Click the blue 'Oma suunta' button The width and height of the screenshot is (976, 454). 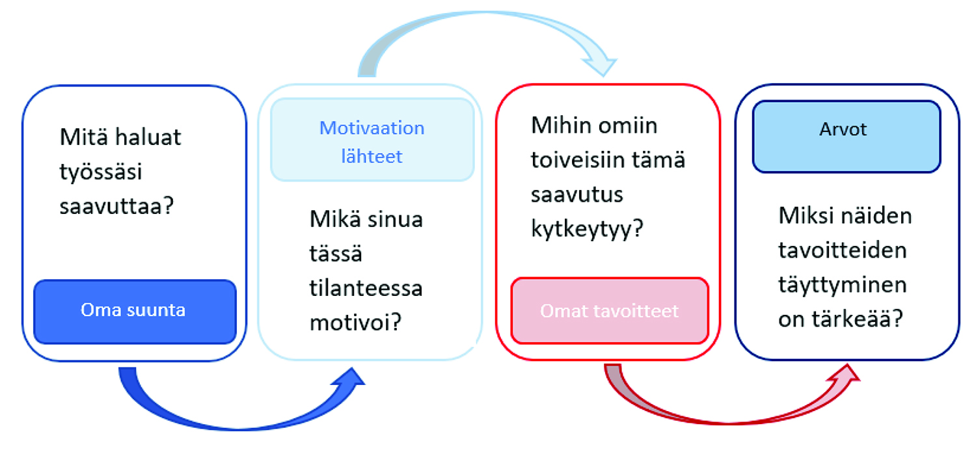coord(135,312)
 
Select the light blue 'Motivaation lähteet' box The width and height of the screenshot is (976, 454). coord(372,139)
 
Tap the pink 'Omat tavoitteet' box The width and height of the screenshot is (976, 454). coord(610,311)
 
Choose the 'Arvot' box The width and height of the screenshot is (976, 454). coord(846,137)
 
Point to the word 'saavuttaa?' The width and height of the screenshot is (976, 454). coord(116,206)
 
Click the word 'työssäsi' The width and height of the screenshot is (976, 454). coord(101,172)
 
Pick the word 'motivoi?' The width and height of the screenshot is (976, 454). coord(355,323)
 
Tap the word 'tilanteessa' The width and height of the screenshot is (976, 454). coord(366,288)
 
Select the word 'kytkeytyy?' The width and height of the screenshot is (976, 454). coord(587,228)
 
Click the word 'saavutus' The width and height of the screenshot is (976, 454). coord(577,194)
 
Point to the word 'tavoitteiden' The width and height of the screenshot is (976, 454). coord(843,250)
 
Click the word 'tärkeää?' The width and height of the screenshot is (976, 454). coord(862,319)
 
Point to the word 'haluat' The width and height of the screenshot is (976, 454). coord(148,137)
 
